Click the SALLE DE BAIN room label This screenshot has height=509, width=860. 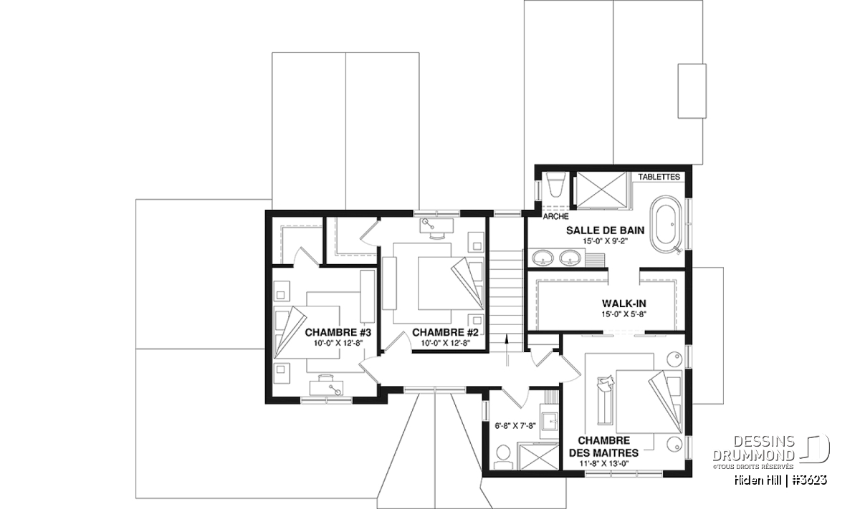coord(605,231)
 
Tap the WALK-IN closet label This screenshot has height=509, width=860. coord(624,304)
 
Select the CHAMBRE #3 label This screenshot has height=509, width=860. coord(338,332)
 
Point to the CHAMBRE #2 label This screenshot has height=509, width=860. coord(445,332)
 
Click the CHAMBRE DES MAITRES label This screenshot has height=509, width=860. coord(604,447)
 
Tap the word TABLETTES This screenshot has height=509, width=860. coord(659,177)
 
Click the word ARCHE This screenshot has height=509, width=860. coord(555,217)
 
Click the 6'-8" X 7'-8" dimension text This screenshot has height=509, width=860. coord(515,426)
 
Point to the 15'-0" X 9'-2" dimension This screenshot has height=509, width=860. coord(605,241)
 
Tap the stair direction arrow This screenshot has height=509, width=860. coord(507,350)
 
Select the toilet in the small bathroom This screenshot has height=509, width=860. coord(502,457)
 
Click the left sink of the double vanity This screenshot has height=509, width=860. coord(543,258)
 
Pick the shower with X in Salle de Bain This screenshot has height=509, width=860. coord(601,190)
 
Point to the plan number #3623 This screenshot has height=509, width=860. coord(811,480)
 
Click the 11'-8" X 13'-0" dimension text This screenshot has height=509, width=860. coord(604,464)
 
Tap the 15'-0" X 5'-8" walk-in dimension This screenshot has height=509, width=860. coord(624,314)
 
